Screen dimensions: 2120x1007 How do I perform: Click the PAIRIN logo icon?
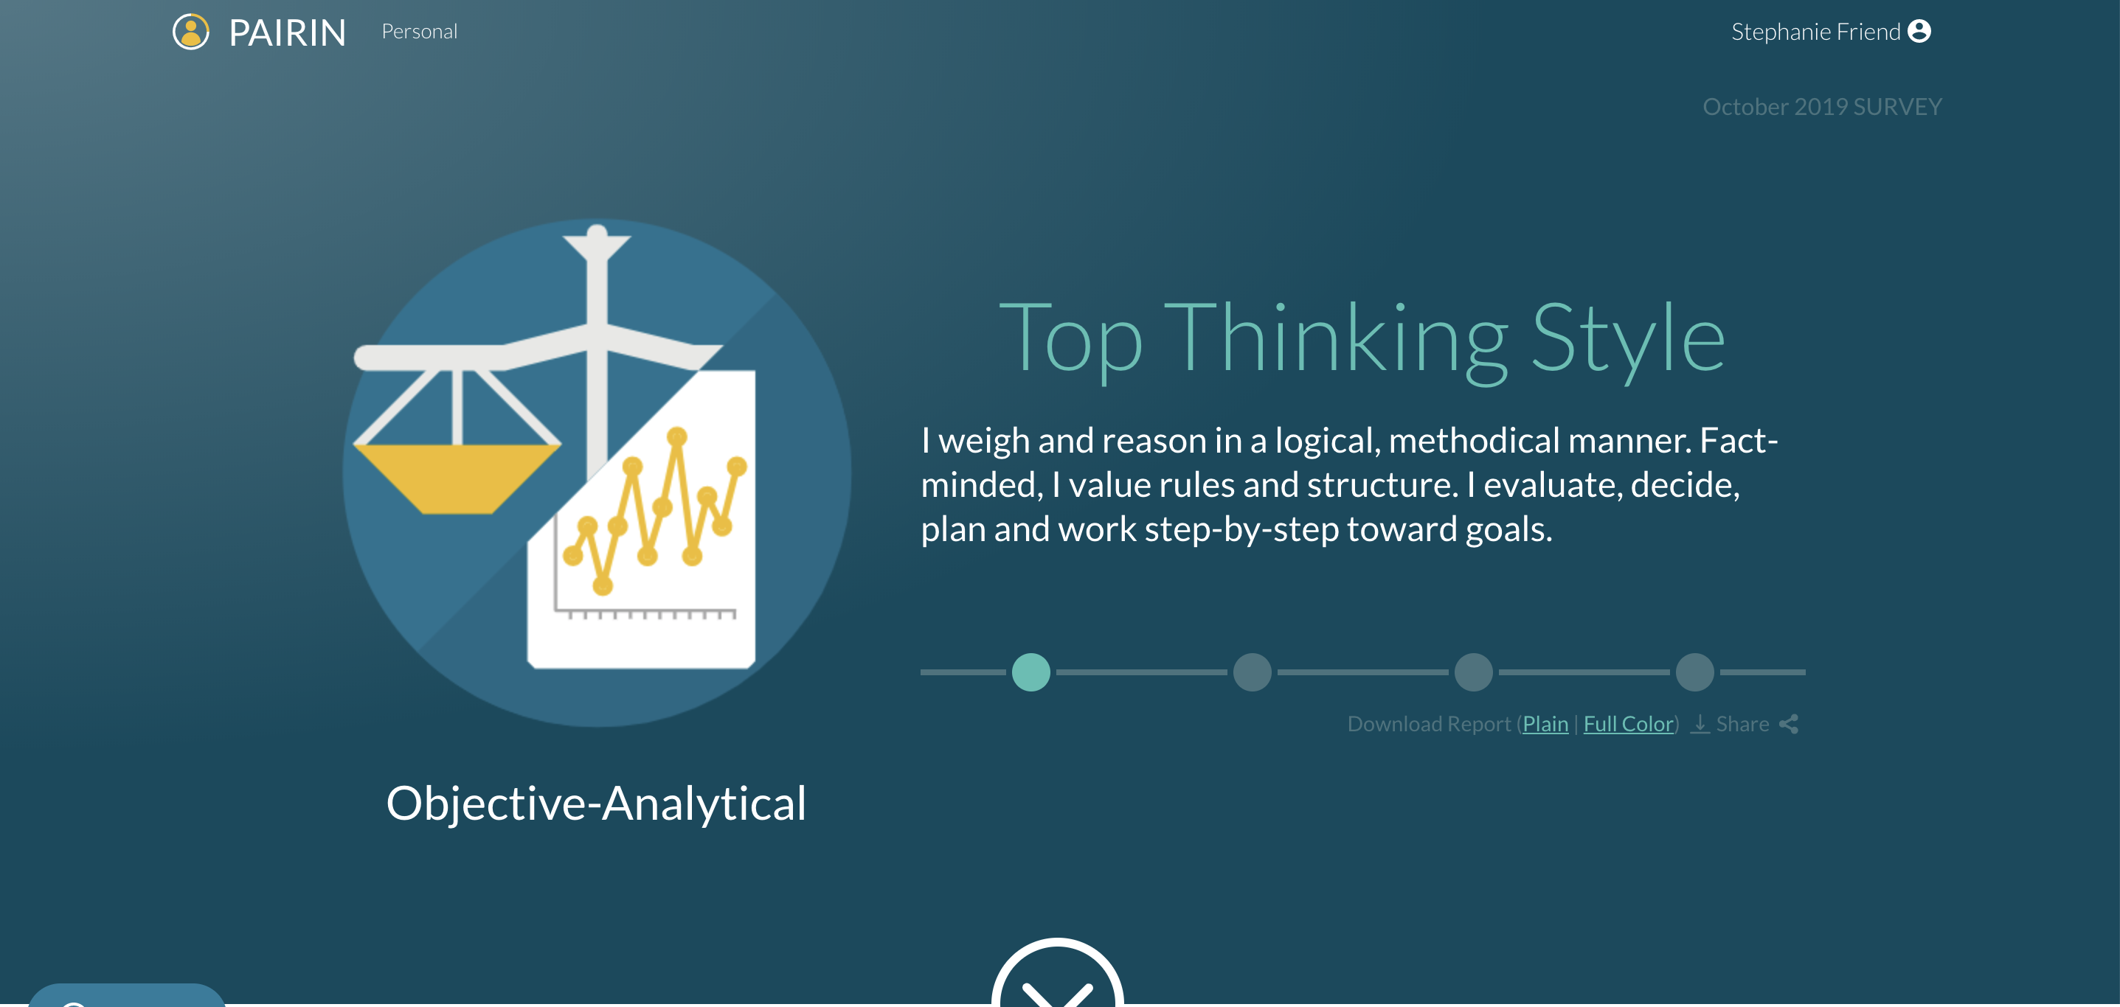191,32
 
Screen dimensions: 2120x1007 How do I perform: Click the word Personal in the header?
420,31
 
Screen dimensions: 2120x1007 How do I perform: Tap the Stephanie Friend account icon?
1919,31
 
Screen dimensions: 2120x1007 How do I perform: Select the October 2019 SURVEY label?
1822,107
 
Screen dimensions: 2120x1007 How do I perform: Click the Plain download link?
1545,724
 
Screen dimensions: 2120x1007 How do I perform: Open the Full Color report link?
1629,724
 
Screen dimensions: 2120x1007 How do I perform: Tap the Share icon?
1788,724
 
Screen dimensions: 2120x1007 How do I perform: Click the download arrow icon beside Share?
1700,724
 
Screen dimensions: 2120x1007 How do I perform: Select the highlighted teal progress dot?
1030,672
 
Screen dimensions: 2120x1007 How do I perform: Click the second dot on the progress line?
1253,672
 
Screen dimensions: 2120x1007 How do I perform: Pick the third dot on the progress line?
1474,672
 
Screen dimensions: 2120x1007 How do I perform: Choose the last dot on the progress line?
1695,672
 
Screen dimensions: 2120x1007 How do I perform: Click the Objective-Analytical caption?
597,804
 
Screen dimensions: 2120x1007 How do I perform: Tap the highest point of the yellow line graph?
677,436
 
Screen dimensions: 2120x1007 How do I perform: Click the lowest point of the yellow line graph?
603,586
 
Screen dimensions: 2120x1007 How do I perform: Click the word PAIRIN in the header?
287,33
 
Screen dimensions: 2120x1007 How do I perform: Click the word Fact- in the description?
1739,441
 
